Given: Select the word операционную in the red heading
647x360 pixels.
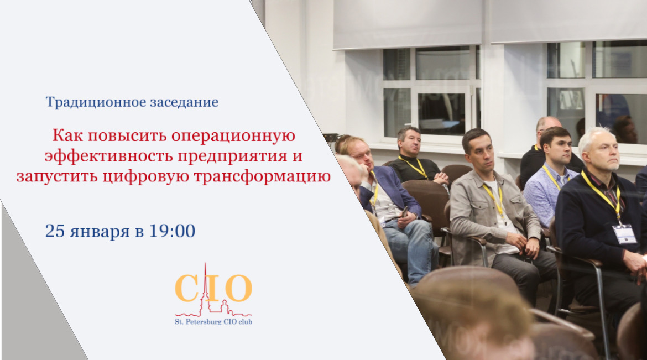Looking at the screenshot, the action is tap(233, 136).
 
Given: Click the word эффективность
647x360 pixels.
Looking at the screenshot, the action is tap(109, 156).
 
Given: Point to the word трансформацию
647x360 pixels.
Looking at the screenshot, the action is tap(262, 176).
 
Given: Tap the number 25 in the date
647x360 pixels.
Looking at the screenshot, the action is tap(55, 231).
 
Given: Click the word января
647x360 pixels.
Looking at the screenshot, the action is tap(100, 232).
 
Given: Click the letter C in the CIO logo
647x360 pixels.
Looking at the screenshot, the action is tap(187, 288).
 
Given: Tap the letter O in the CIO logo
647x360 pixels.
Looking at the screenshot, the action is tap(238, 288).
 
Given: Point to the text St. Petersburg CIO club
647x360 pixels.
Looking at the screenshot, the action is tap(213, 322).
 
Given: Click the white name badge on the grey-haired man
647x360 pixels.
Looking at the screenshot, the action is tap(624, 234).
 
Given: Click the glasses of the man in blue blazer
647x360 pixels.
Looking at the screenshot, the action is tap(364, 155).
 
